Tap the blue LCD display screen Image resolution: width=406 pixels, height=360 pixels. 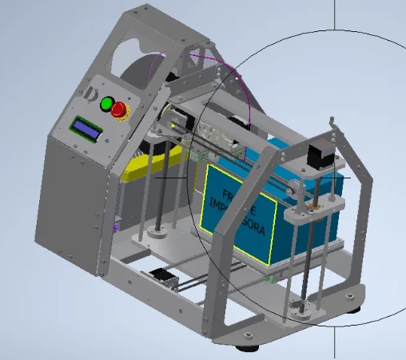tap(86, 130)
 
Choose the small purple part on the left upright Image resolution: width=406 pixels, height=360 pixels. tap(118, 226)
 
